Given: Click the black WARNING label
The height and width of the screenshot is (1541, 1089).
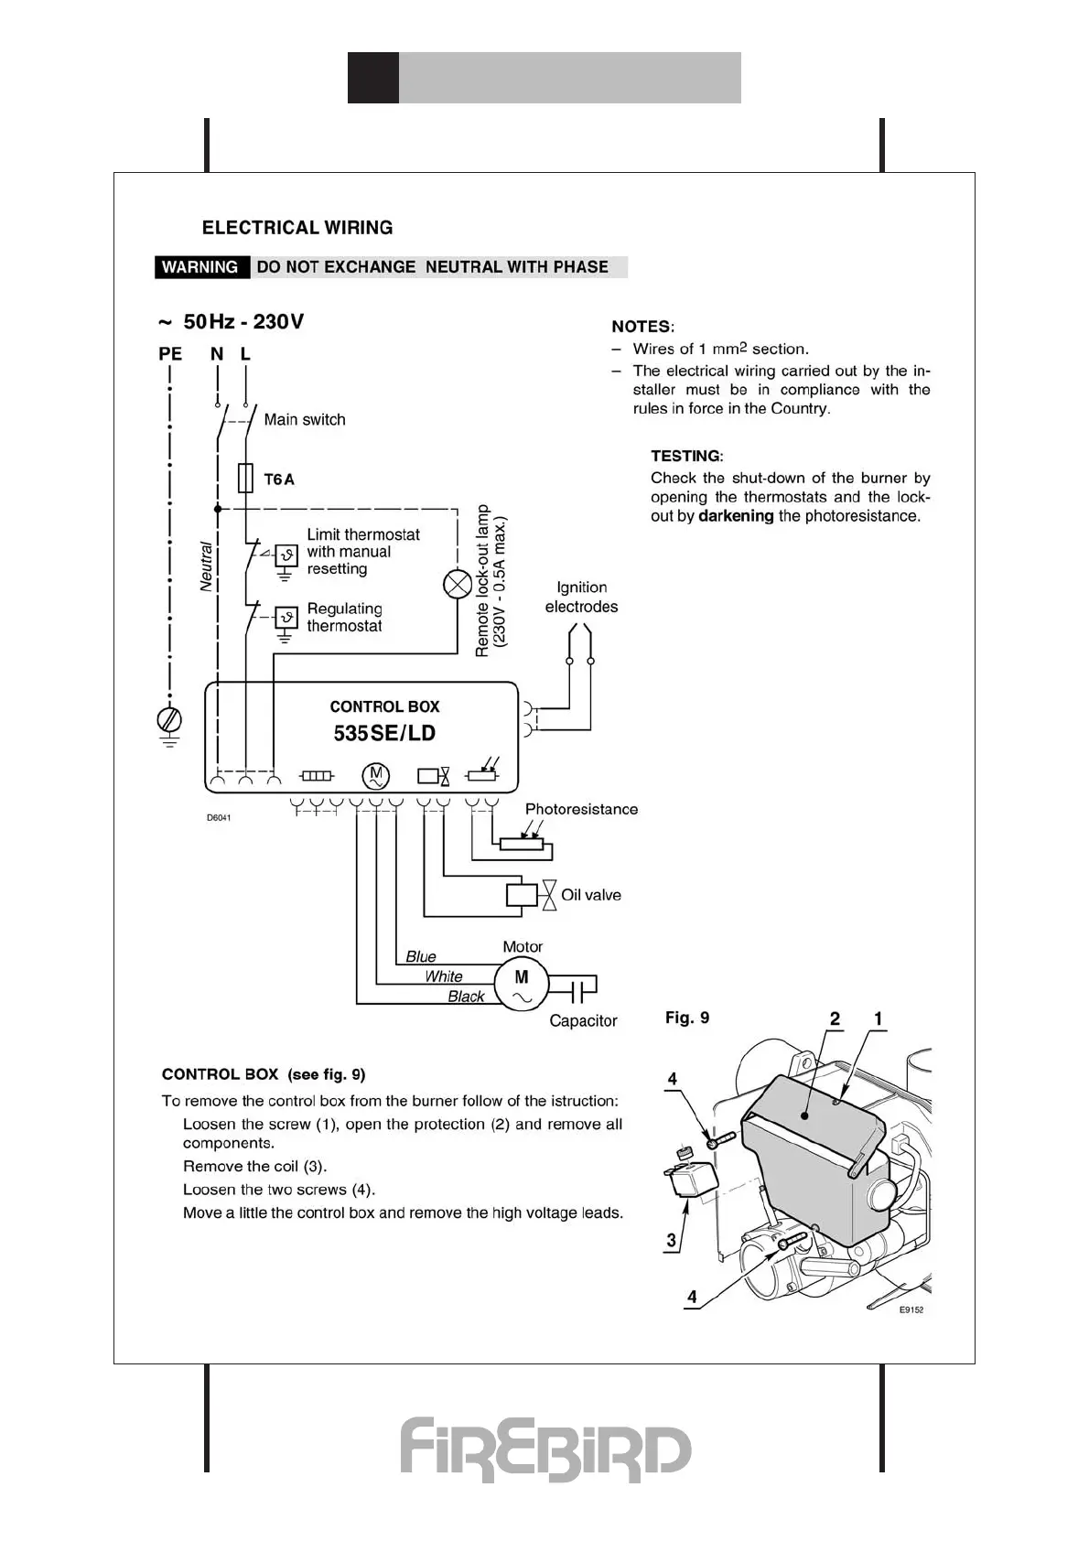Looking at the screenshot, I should [x=200, y=267].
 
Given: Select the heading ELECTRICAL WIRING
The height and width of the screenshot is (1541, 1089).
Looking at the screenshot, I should [x=297, y=228].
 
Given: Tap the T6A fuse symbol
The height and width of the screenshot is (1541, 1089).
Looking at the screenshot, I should [x=245, y=479].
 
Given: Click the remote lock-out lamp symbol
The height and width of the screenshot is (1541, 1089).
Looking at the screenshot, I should [x=457, y=584].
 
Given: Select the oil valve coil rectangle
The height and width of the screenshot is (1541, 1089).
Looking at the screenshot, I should [x=522, y=894].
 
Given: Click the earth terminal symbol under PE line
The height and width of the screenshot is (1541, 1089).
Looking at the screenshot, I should [x=170, y=721].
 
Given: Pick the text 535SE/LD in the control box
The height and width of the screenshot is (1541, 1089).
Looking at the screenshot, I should [x=384, y=733].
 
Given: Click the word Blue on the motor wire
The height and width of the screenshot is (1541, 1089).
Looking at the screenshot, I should [x=421, y=956].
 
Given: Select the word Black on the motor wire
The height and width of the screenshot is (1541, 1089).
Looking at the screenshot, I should [x=466, y=997].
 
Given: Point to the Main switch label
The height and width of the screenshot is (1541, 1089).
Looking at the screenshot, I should [x=305, y=420].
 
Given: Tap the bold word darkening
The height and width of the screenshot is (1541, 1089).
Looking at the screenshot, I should [x=736, y=516].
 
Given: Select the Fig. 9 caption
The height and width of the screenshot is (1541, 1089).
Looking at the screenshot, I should [x=687, y=1018].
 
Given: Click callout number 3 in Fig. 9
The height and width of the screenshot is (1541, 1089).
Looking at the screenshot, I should [x=672, y=1240].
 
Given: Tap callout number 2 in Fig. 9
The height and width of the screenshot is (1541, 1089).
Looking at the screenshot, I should [x=835, y=1018].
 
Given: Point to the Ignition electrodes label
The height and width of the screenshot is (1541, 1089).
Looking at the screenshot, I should [x=581, y=597].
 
